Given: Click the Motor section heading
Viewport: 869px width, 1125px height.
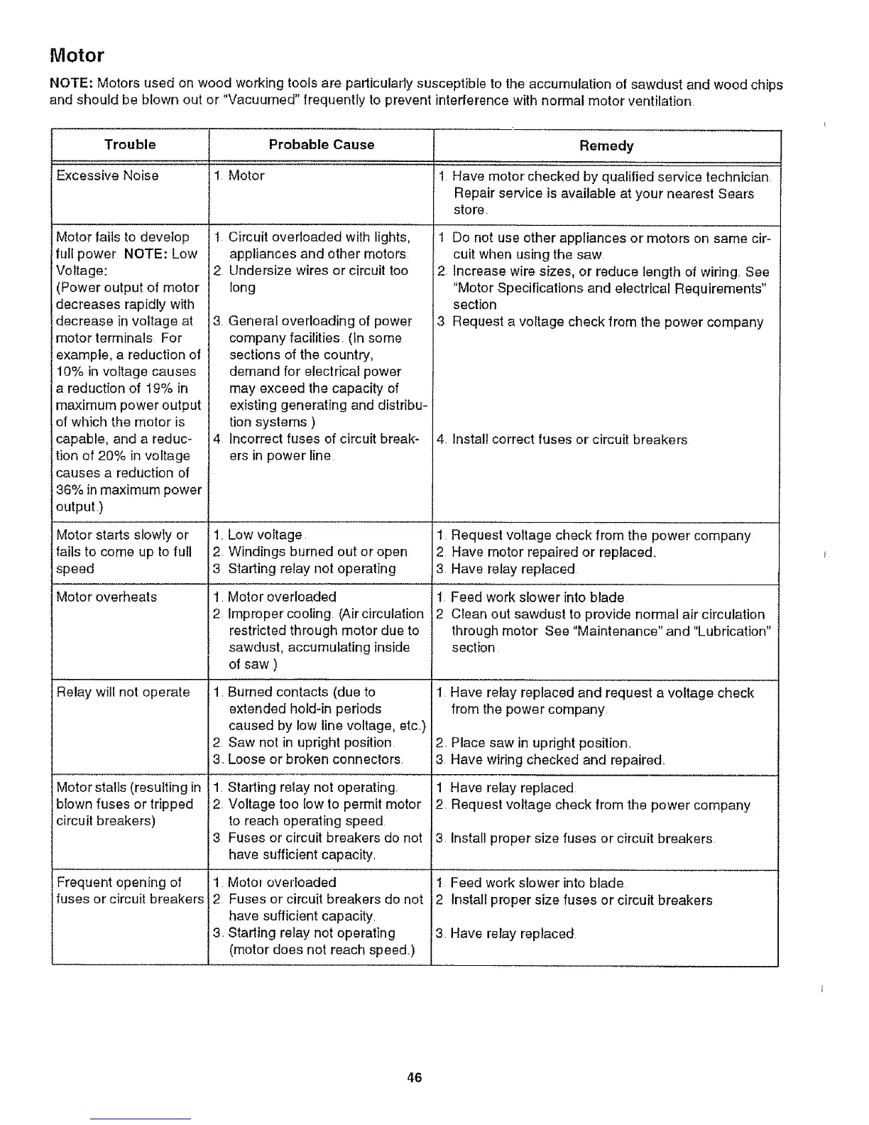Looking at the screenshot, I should [x=77, y=55].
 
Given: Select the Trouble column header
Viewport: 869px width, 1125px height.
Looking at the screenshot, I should [x=130, y=144].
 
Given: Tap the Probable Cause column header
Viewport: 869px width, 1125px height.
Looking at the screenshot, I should [x=321, y=144].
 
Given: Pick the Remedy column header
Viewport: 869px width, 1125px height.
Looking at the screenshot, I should [x=606, y=146].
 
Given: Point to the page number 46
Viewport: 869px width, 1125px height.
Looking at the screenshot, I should [x=415, y=1077].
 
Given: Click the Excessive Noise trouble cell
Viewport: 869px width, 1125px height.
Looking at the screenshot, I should [x=107, y=175].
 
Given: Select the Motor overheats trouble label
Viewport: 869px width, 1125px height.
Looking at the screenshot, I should [x=106, y=597].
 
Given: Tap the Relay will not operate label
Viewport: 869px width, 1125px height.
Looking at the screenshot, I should [x=123, y=692].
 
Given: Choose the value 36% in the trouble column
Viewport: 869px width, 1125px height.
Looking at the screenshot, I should [x=70, y=489].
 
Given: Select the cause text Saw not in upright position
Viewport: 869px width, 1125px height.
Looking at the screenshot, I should [x=310, y=742].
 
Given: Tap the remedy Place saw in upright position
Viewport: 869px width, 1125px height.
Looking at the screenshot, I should [x=540, y=743].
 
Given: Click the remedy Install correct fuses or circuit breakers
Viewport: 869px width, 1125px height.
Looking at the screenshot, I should [x=569, y=440].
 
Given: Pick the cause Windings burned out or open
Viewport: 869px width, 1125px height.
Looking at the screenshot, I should [x=317, y=552].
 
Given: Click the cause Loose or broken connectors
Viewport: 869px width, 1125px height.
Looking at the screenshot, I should [x=315, y=759].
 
